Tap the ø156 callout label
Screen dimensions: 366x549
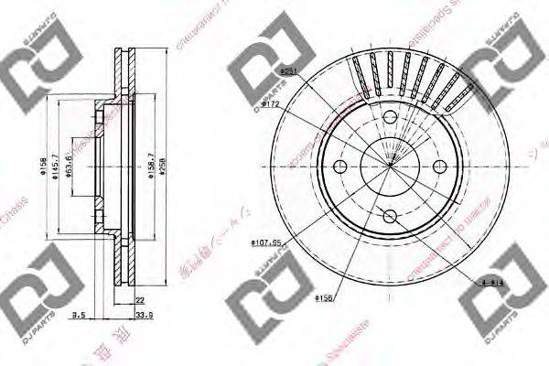pos(323,297)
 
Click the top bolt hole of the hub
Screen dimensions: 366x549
pos(389,116)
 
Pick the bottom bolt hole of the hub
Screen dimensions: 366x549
pos(389,216)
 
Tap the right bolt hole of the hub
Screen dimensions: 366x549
pos(439,167)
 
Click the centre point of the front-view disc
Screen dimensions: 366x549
pos(389,167)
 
